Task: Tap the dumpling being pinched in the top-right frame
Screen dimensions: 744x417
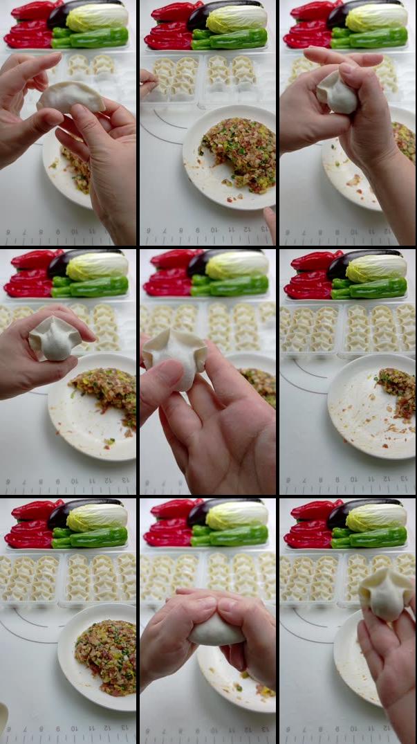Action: tap(337, 93)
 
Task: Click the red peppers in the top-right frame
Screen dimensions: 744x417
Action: tap(307, 24)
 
